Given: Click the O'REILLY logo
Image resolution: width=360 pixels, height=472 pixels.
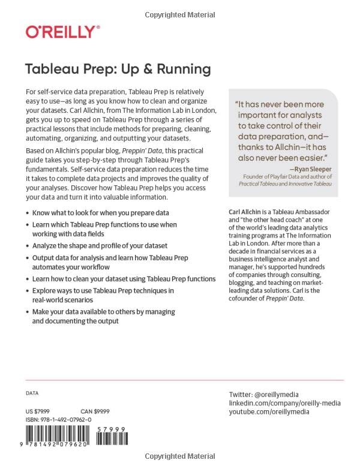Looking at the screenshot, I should coord(62,32).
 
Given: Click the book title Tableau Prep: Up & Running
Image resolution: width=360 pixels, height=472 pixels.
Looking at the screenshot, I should coord(118,68).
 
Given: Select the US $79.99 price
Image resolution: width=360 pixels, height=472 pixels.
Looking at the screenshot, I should coord(38,411).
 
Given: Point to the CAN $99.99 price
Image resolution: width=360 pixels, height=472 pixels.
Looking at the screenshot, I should coord(94,411).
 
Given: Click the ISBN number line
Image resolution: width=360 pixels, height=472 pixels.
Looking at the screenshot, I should coord(59,420).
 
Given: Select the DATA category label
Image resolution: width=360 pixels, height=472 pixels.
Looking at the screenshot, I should coord(32,393).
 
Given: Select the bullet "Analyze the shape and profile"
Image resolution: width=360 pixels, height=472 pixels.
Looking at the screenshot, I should coord(100,246).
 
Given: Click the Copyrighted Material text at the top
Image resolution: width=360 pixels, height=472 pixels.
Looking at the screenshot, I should coord(179,14).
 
